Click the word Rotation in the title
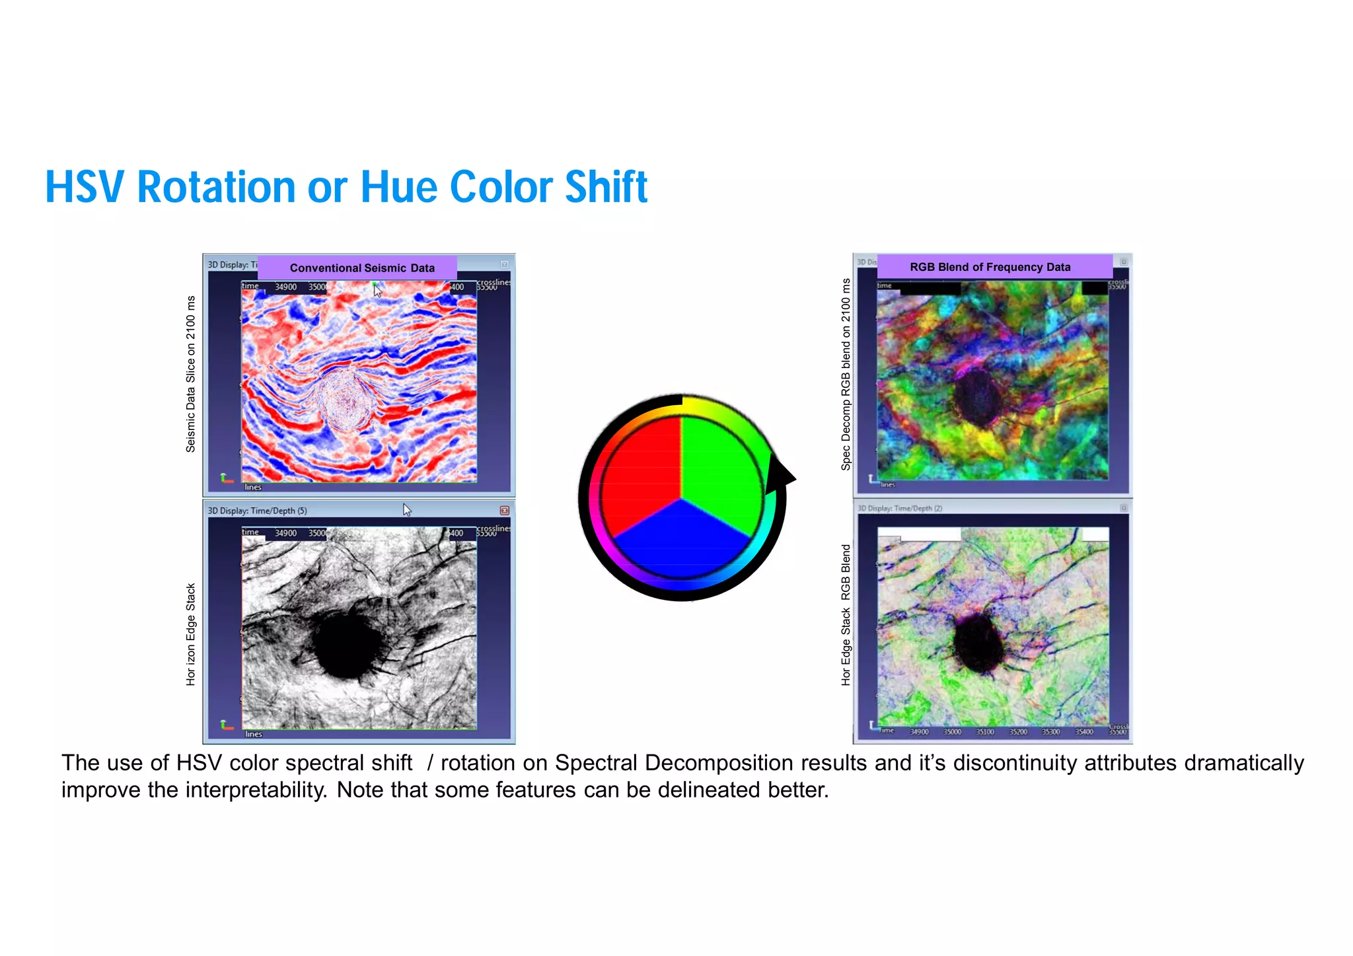click(x=217, y=187)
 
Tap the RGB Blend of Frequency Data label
click(x=990, y=267)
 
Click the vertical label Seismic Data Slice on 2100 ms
click(x=191, y=374)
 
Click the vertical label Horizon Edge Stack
click(x=191, y=634)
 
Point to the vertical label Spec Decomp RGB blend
click(x=846, y=374)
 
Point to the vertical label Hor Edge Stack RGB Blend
click(x=846, y=615)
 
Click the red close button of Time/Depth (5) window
click(x=504, y=511)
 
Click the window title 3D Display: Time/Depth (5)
click(x=258, y=511)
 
